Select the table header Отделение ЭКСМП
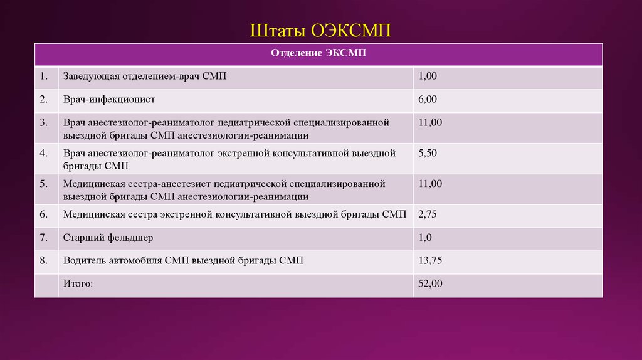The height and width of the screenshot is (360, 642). (318, 53)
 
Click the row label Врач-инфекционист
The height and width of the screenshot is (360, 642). (108, 99)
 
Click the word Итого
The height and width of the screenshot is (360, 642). (78, 283)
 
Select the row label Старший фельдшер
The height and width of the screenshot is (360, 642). (108, 237)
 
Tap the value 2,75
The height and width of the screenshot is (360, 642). (428, 214)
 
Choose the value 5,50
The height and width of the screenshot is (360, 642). (428, 153)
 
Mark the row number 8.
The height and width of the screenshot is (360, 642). (43, 260)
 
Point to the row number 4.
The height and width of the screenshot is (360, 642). (43, 153)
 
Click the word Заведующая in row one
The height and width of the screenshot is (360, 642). (90, 76)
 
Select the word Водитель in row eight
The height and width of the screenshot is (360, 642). (83, 260)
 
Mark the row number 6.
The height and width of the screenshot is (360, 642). (43, 214)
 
